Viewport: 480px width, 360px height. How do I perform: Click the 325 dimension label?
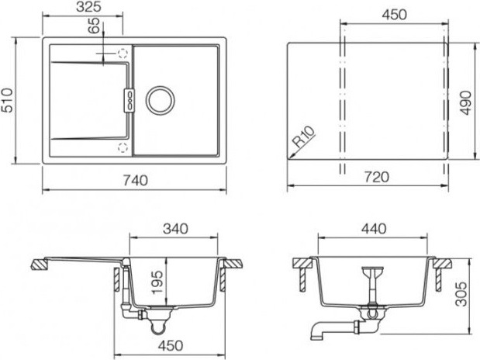88,7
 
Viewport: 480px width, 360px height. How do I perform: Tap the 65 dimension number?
94,26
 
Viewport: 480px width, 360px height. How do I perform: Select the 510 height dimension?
7,100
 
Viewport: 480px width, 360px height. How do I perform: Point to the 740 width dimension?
136,180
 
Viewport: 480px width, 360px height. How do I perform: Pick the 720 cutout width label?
377,177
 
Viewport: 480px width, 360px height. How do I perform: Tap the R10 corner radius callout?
303,137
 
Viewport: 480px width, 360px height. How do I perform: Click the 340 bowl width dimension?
175,229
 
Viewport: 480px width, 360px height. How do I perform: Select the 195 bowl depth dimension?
157,282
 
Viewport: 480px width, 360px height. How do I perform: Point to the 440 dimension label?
374,229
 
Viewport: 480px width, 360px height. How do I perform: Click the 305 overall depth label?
461,294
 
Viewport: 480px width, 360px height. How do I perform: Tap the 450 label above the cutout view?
394,15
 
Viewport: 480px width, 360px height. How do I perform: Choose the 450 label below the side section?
171,345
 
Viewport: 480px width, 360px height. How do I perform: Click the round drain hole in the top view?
160,101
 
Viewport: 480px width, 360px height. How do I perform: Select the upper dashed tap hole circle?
123,54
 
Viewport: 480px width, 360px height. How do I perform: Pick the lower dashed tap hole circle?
123,147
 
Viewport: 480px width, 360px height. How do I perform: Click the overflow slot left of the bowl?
129,101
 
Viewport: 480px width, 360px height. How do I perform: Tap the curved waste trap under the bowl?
159,326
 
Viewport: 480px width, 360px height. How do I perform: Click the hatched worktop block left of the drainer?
40,264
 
